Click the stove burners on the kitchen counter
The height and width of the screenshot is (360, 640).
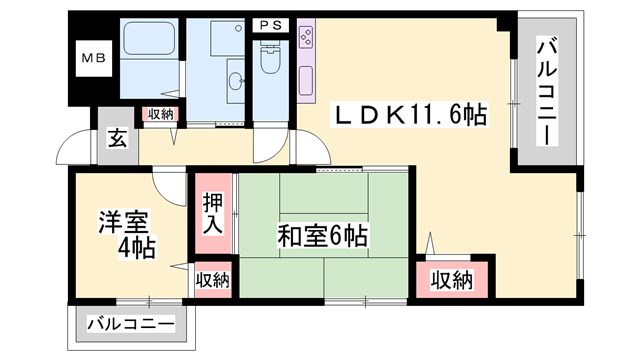[306, 37]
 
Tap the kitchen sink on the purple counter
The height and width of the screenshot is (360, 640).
[306, 79]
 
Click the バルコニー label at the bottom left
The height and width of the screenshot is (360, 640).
[131, 324]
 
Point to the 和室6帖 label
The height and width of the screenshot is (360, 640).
[322, 237]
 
